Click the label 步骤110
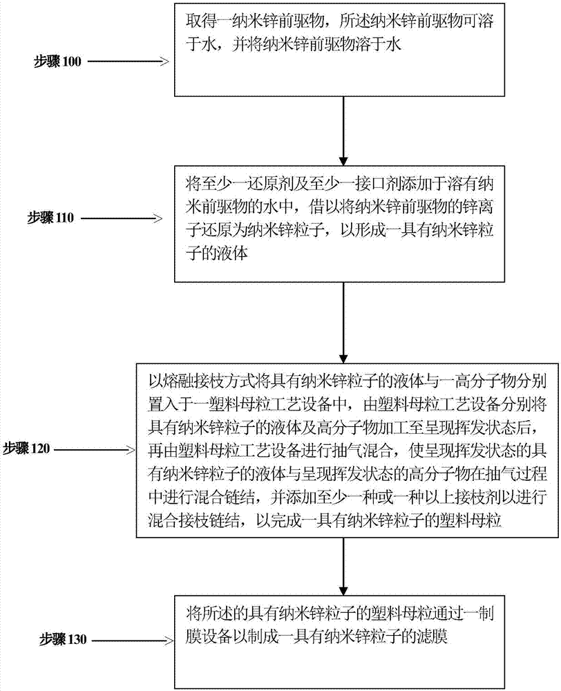coord(57,217)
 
